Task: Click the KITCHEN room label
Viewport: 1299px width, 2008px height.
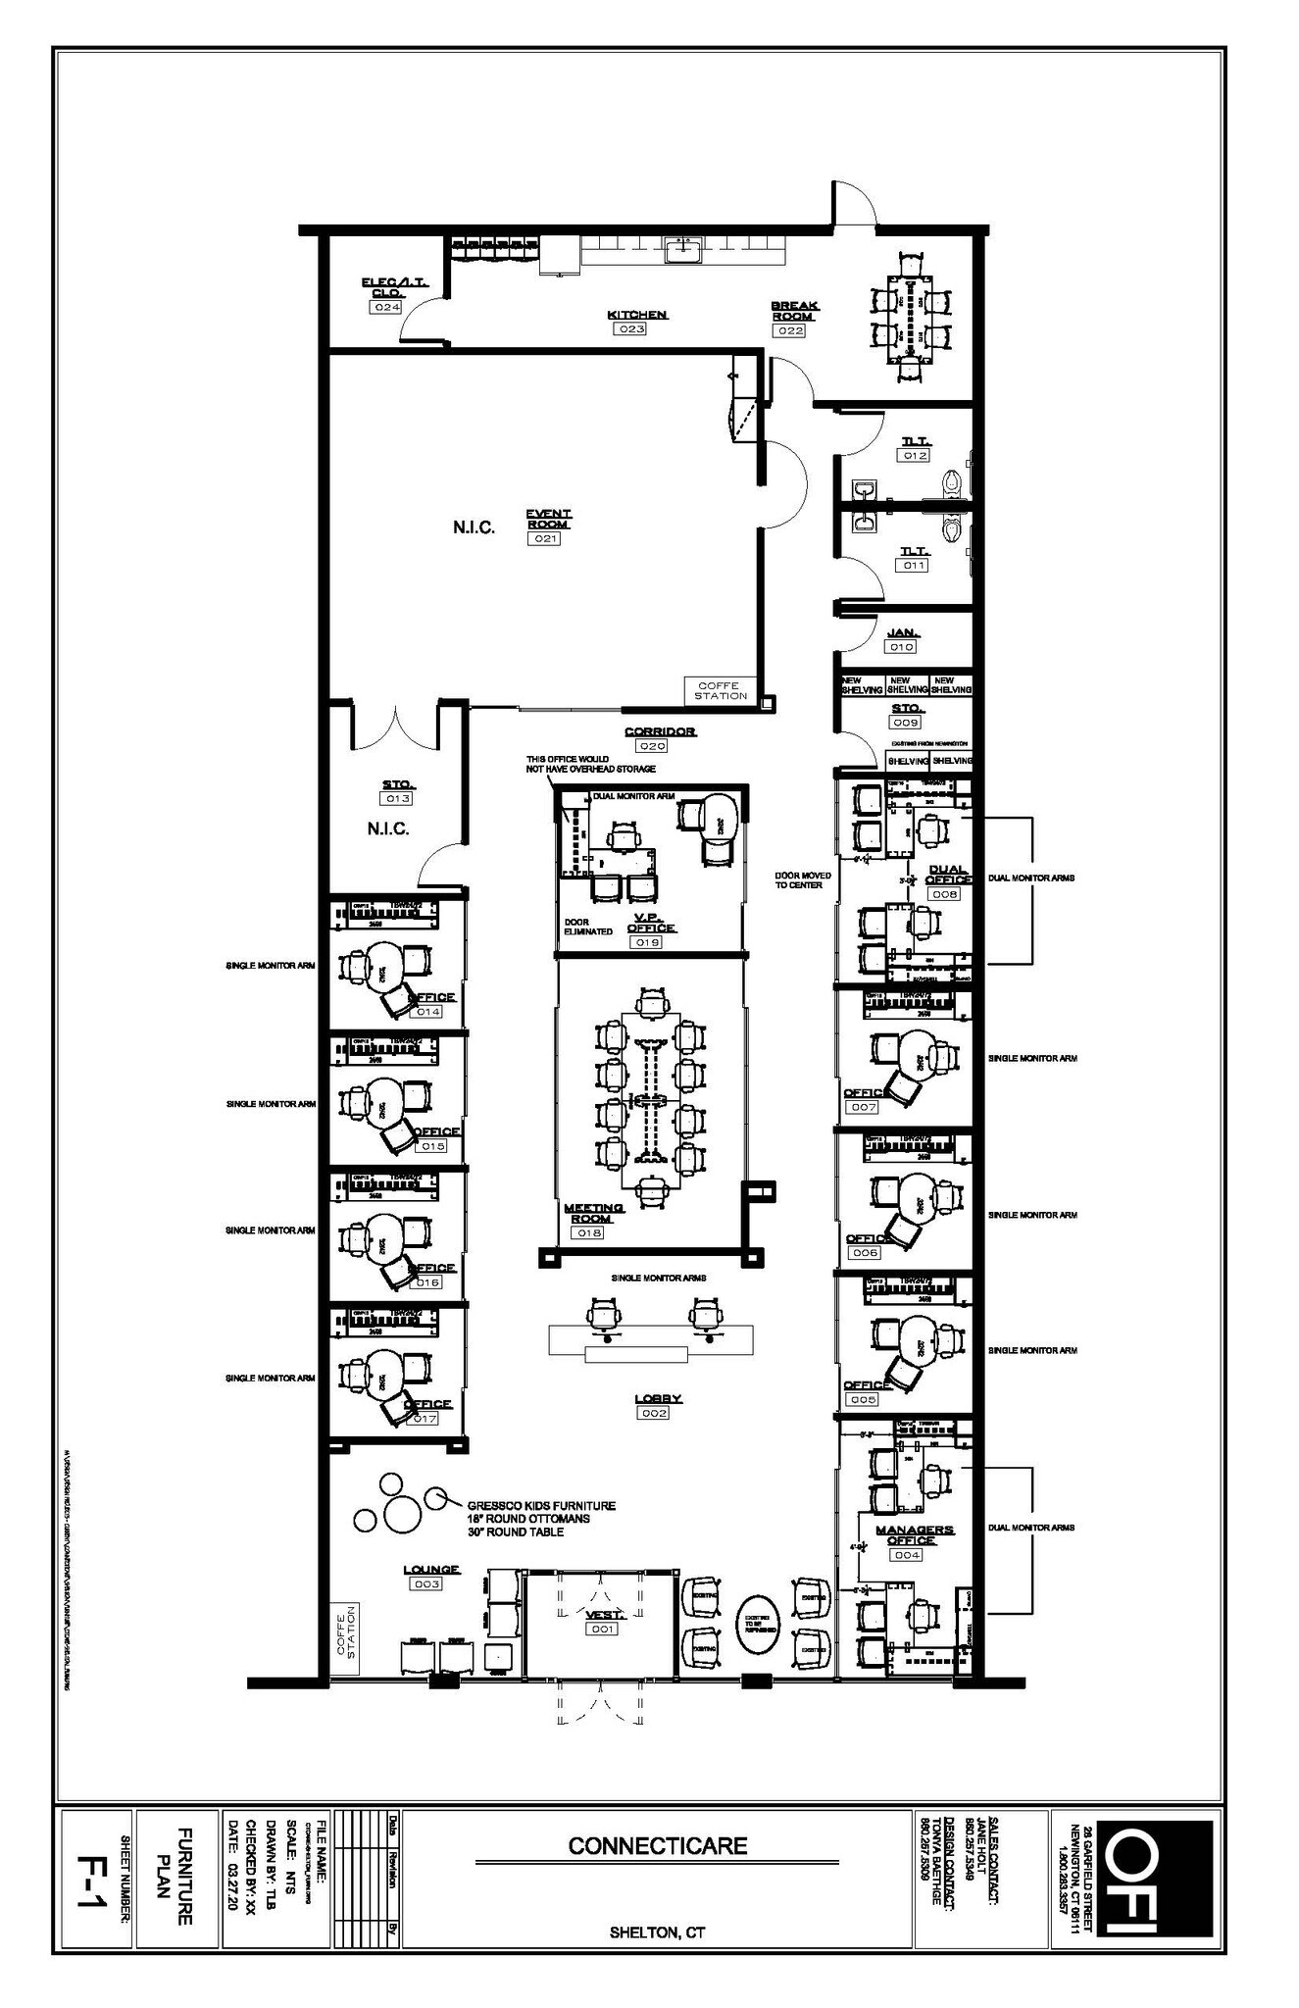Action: [637, 315]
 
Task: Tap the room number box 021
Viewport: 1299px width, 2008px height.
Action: [544, 538]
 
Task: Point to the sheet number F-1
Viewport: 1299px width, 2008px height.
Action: [96, 1879]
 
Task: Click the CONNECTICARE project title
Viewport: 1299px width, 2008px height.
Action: [658, 1845]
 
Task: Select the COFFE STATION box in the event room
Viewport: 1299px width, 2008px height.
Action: [721, 690]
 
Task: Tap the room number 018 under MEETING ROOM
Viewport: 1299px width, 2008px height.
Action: [587, 1232]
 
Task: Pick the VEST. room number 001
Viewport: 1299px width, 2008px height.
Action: [601, 1629]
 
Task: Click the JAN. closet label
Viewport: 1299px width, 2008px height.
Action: [901, 632]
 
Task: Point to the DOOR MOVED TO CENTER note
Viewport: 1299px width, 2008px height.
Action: [802, 879]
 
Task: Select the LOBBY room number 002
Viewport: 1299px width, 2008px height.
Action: [653, 1413]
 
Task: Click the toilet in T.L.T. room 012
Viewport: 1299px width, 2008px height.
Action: [955, 482]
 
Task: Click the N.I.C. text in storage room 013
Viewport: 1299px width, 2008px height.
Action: [388, 828]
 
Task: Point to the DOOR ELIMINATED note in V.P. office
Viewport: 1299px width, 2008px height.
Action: [588, 926]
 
